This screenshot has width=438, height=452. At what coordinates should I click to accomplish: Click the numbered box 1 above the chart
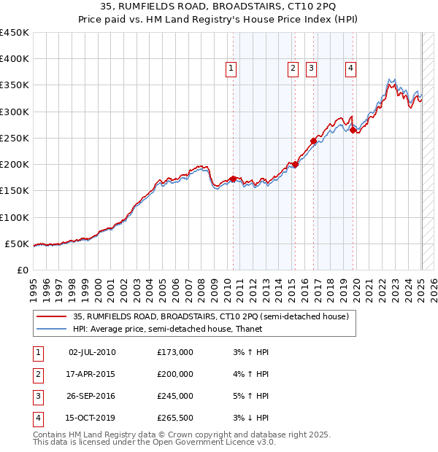coord(231,69)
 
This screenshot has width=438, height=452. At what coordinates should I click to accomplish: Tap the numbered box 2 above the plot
coord(293,69)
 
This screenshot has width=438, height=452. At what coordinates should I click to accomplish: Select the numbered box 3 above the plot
coord(311,69)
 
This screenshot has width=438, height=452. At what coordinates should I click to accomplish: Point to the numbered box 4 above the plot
coord(351,69)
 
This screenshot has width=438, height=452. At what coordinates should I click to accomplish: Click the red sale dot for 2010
coord(233,179)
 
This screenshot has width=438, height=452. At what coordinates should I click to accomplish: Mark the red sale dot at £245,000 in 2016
coord(313,141)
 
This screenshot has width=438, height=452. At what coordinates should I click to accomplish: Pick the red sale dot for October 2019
coord(353,130)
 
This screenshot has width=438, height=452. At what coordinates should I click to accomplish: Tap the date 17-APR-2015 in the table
coord(92,374)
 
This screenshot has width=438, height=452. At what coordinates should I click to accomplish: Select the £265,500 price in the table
coord(175,418)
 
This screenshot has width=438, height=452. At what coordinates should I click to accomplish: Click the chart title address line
coord(218,8)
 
